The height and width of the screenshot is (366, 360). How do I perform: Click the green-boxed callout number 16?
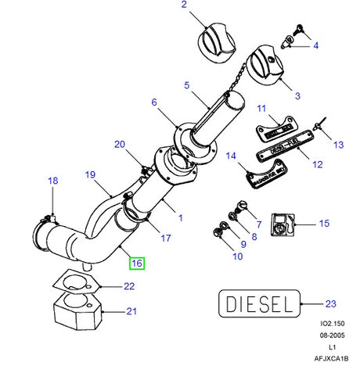click(138, 264)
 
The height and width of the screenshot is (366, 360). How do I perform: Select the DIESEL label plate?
click(258, 302)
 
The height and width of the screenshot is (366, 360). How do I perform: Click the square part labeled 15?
click(279, 224)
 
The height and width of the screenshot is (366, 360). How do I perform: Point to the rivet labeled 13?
click(319, 125)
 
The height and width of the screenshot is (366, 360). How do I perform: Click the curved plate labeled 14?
click(261, 179)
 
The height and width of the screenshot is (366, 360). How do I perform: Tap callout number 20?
click(119, 144)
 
